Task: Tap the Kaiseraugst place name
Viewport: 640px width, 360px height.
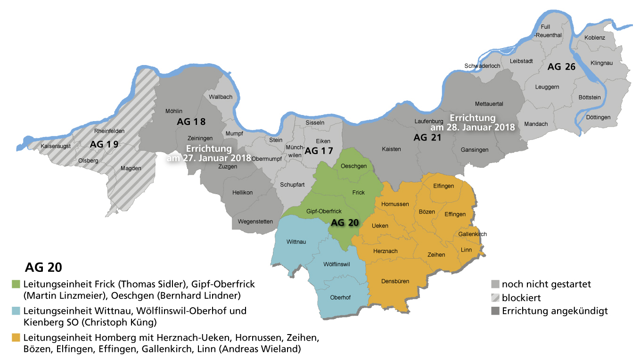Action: pyautogui.click(x=56, y=146)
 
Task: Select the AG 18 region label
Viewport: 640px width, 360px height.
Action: pyautogui.click(x=191, y=122)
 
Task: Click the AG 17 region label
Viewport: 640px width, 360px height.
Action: pyautogui.click(x=319, y=151)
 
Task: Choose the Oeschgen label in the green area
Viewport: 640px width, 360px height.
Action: pyautogui.click(x=353, y=166)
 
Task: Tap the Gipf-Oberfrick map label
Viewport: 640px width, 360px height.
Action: pyautogui.click(x=324, y=211)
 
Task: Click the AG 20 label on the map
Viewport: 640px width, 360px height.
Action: pyautogui.click(x=345, y=223)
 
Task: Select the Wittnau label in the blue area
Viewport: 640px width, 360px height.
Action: pyautogui.click(x=296, y=242)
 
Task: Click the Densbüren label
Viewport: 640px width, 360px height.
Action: pyautogui.click(x=395, y=281)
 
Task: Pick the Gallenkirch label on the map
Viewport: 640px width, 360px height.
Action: pyautogui.click(x=472, y=234)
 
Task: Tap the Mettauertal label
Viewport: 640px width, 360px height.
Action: pyautogui.click(x=489, y=104)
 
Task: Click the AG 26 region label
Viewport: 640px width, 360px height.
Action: pyautogui.click(x=561, y=67)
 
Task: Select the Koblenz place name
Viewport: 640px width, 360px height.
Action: pyautogui.click(x=594, y=37)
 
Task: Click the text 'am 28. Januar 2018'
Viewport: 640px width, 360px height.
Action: pyautogui.click(x=472, y=127)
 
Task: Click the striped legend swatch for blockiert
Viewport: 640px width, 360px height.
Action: pyautogui.click(x=495, y=298)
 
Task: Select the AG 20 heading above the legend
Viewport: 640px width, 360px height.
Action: pyautogui.click(x=43, y=268)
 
